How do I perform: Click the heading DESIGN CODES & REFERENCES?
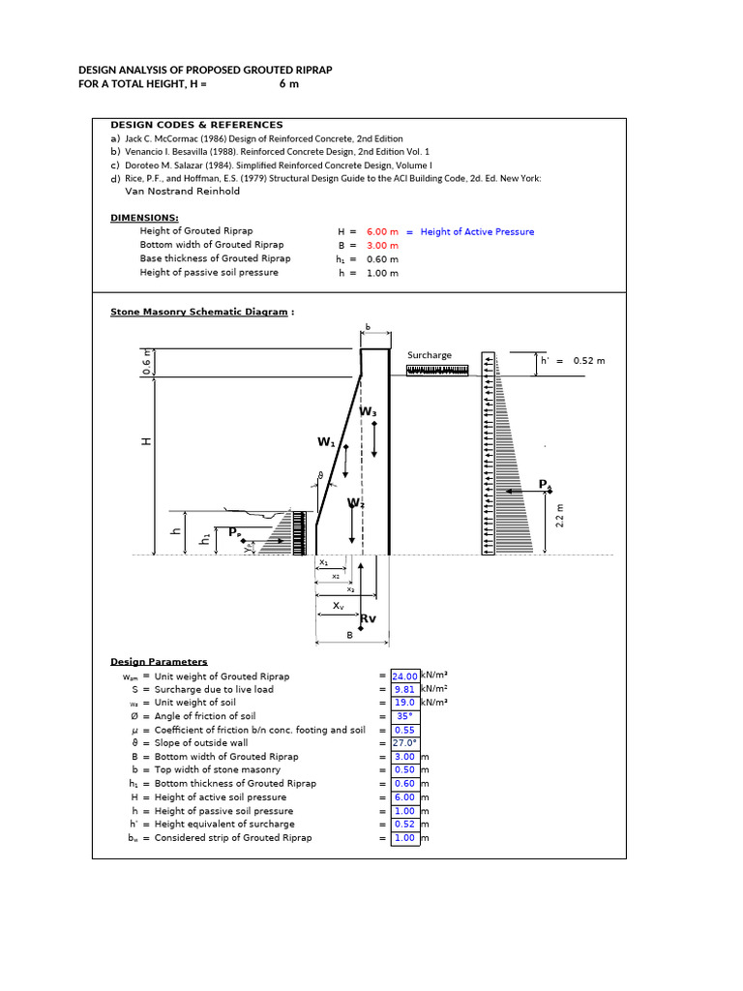click(x=196, y=125)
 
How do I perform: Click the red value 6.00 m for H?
click(x=382, y=232)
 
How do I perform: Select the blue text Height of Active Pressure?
click(x=477, y=232)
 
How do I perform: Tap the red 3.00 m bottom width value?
click(x=382, y=246)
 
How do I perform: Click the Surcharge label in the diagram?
click(x=429, y=355)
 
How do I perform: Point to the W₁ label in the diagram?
click(x=326, y=442)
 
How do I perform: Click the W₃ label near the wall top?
click(x=369, y=412)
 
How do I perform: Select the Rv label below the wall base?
click(x=369, y=618)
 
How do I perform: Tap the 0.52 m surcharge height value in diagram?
click(x=589, y=361)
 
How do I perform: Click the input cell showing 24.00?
click(x=405, y=676)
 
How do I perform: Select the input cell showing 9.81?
click(x=405, y=690)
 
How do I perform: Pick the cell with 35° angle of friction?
click(x=405, y=717)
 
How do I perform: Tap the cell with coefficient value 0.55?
click(x=405, y=731)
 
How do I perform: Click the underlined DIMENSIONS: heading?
click(x=144, y=219)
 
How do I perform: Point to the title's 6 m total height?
click(x=289, y=84)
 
